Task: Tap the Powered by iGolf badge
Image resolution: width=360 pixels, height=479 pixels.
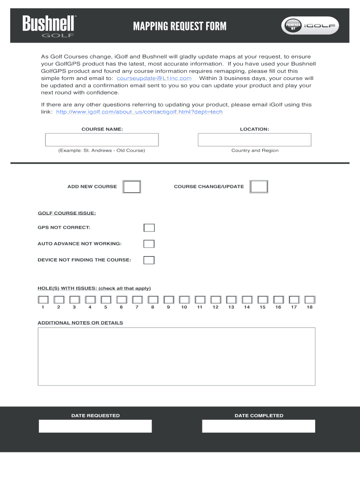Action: click(x=310, y=26)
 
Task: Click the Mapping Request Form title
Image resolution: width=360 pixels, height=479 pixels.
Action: click(x=180, y=26)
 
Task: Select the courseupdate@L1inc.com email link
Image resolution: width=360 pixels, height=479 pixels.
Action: click(x=154, y=78)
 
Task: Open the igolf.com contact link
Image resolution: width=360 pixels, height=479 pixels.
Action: click(x=139, y=112)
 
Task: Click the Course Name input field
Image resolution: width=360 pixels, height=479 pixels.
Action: click(x=102, y=140)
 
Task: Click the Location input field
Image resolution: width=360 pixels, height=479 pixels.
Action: click(x=254, y=140)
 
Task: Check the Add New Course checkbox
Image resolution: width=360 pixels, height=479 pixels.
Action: click(x=132, y=187)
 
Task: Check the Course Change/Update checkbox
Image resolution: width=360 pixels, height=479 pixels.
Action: click(x=259, y=187)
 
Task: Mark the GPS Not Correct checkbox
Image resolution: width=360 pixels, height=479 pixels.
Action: click(x=149, y=228)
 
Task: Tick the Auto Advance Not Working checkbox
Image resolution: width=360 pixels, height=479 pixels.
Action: click(x=149, y=244)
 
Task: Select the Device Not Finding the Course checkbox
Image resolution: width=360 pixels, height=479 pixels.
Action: click(x=149, y=260)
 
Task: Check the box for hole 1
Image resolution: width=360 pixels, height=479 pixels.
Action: click(x=43, y=299)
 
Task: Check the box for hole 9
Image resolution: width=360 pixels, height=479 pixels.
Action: click(x=168, y=299)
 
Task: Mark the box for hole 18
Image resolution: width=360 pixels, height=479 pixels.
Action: click(x=310, y=299)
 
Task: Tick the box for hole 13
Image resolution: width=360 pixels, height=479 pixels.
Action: click(x=231, y=299)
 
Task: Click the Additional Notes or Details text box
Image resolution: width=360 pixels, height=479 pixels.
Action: click(x=176, y=356)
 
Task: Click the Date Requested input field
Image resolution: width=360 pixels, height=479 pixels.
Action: click(x=95, y=426)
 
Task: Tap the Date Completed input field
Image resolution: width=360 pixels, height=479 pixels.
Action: click(x=259, y=426)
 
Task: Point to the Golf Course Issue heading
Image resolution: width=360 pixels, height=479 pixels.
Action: click(x=67, y=213)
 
